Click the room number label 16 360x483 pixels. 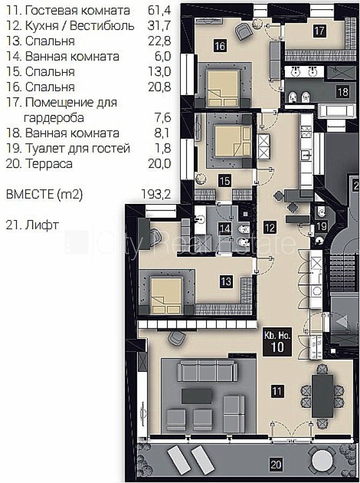pyautogui.click(x=220, y=46)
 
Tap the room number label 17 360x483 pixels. pyautogui.click(x=319, y=31)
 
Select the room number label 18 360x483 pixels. pyautogui.click(x=343, y=92)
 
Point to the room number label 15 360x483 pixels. pyautogui.click(x=225, y=180)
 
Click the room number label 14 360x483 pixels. pyautogui.click(x=225, y=229)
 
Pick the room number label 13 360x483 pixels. pyautogui.click(x=226, y=281)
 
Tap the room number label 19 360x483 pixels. pyautogui.click(x=321, y=226)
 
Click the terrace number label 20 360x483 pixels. pyautogui.click(x=276, y=464)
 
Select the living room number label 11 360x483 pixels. pyautogui.click(x=276, y=391)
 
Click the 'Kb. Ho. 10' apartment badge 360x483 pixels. pyautogui.click(x=277, y=342)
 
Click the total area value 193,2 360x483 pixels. pyautogui.click(x=156, y=194)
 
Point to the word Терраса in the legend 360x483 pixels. pyautogui.click(x=49, y=164)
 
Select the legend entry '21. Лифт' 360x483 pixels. pyautogui.click(x=32, y=225)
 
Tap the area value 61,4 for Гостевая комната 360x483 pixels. pyautogui.click(x=159, y=10)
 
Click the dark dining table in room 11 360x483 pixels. pyautogui.click(x=322, y=396)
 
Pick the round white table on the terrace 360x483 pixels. pyautogui.click(x=322, y=460)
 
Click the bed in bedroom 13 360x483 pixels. pyautogui.click(x=166, y=295)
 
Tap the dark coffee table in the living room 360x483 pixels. pyautogui.click(x=196, y=396)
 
